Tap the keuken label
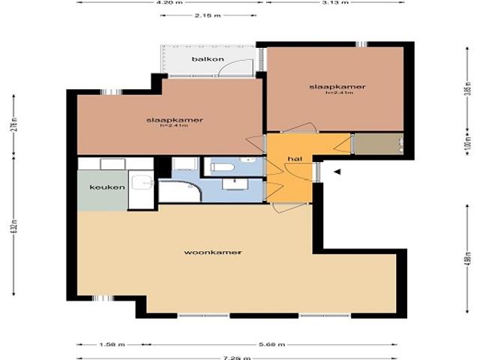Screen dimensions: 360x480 tap(107, 187)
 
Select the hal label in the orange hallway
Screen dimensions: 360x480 tap(294, 159)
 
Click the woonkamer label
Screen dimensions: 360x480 tap(213, 253)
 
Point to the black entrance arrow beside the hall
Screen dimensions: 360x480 tap(337, 172)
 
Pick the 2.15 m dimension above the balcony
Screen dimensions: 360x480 tap(202, 15)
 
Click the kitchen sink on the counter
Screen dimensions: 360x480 tap(140, 182)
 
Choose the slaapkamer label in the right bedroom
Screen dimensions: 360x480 tap(337, 87)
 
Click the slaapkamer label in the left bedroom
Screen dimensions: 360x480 tap(175, 120)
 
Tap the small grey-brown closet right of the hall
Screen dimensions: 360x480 tap(377, 144)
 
